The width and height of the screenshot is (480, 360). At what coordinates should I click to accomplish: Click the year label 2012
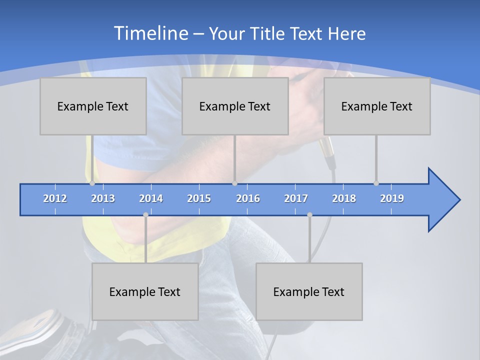point(55,198)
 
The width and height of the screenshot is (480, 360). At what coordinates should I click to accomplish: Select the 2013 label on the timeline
point(103,198)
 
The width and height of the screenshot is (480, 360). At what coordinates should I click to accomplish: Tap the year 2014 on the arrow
point(151,198)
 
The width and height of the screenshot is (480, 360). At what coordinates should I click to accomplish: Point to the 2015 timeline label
point(199,198)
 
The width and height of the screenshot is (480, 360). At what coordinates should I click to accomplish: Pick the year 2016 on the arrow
point(248,198)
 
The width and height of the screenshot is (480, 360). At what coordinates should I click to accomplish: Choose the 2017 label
point(296,198)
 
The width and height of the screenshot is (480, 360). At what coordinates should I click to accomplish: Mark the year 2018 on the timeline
point(344,198)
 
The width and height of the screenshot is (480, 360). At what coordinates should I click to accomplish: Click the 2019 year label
point(392,198)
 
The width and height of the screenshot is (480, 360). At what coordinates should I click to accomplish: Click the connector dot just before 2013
point(92,183)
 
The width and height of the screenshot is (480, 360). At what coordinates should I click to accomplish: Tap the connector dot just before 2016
point(234,183)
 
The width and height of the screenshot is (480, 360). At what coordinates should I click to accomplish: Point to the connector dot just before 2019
point(376,183)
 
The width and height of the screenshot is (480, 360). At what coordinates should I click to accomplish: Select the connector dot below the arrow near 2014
point(145,215)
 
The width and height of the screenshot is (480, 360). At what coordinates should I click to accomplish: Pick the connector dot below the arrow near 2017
point(309,215)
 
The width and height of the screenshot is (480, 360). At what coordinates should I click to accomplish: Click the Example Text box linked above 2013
point(93,106)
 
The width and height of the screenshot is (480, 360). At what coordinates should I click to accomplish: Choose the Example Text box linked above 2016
point(235,106)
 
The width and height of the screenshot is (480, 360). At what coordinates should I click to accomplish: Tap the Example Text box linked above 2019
point(377,106)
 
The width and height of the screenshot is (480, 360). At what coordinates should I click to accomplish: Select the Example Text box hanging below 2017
point(309,292)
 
